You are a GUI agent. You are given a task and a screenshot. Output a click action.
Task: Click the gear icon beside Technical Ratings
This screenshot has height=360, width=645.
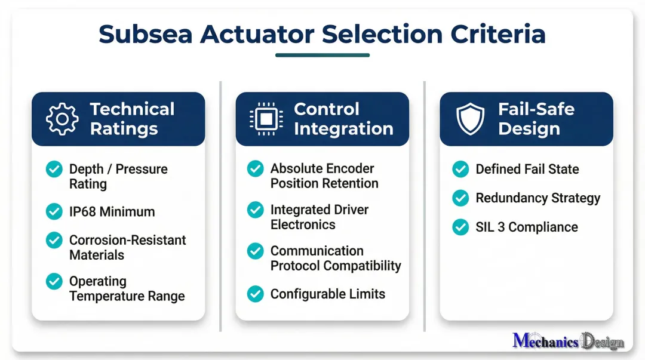pyautogui.click(x=62, y=119)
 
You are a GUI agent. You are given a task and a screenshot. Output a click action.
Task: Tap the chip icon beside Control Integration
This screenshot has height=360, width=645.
pyautogui.click(x=266, y=119)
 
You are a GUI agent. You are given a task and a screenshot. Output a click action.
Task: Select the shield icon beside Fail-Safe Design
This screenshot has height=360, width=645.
pyautogui.click(x=471, y=119)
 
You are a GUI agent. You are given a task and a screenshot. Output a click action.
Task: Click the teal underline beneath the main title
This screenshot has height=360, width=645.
pyautogui.click(x=322, y=56)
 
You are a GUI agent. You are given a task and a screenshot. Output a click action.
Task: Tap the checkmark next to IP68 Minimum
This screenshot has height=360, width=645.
pyautogui.click(x=54, y=211)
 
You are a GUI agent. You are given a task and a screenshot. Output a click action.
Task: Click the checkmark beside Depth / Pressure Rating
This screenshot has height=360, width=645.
pyautogui.click(x=54, y=169)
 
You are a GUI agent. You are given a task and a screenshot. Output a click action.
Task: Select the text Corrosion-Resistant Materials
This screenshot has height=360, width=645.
pyautogui.click(x=127, y=247)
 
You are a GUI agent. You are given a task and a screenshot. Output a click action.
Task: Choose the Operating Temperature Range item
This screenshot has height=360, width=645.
pyautogui.click(x=127, y=288)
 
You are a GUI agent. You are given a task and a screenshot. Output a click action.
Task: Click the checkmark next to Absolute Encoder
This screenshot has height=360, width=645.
pyautogui.click(x=256, y=169)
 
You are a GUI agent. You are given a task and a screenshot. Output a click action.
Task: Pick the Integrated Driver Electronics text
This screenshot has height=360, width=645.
pyautogui.click(x=319, y=217)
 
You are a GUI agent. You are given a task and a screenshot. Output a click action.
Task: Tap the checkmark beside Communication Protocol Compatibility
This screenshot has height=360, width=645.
pyautogui.click(x=256, y=251)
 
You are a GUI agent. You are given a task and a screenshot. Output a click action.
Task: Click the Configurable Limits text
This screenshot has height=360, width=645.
pyautogui.click(x=327, y=294)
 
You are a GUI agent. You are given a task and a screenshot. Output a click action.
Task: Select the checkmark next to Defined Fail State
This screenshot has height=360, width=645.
pyautogui.click(x=460, y=169)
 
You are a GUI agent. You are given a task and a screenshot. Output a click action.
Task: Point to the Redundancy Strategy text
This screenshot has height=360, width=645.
pyautogui.click(x=537, y=198)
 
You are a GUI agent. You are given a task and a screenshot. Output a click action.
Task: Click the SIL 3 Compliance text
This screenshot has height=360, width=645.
pyautogui.click(x=526, y=227)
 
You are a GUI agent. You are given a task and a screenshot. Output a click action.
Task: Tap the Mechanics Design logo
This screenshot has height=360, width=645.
pyautogui.click(x=568, y=341)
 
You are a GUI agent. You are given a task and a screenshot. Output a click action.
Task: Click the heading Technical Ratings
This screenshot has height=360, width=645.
pyautogui.click(x=132, y=119)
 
